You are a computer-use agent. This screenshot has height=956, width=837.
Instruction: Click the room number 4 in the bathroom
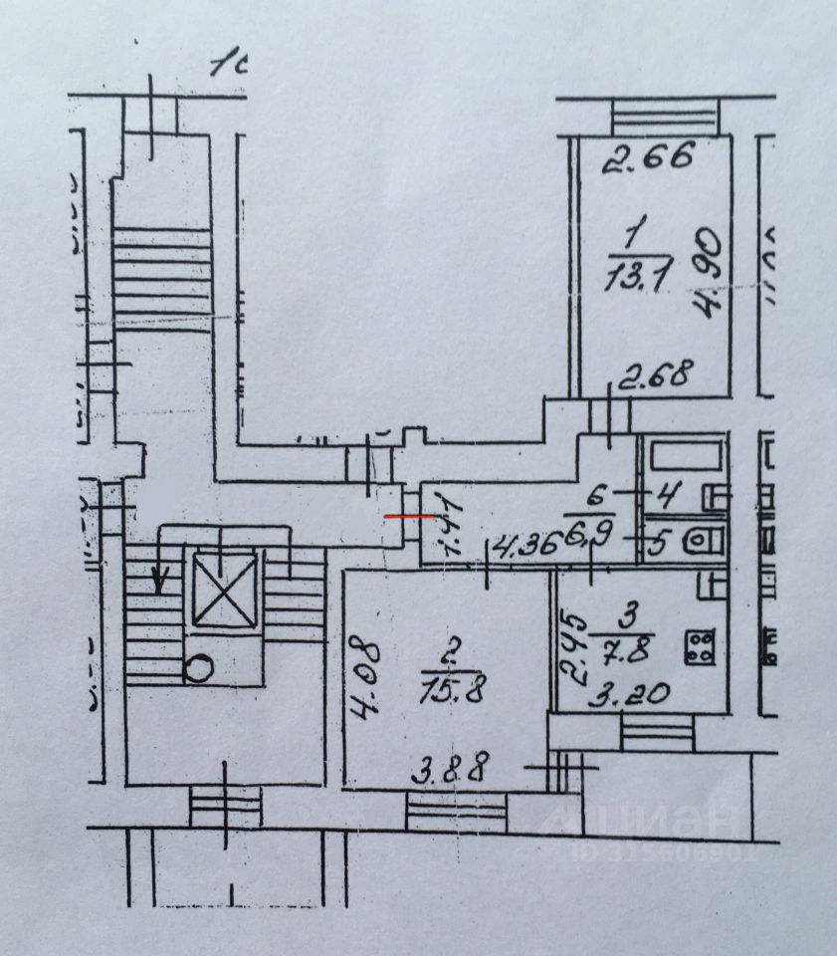[x=670, y=492]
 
